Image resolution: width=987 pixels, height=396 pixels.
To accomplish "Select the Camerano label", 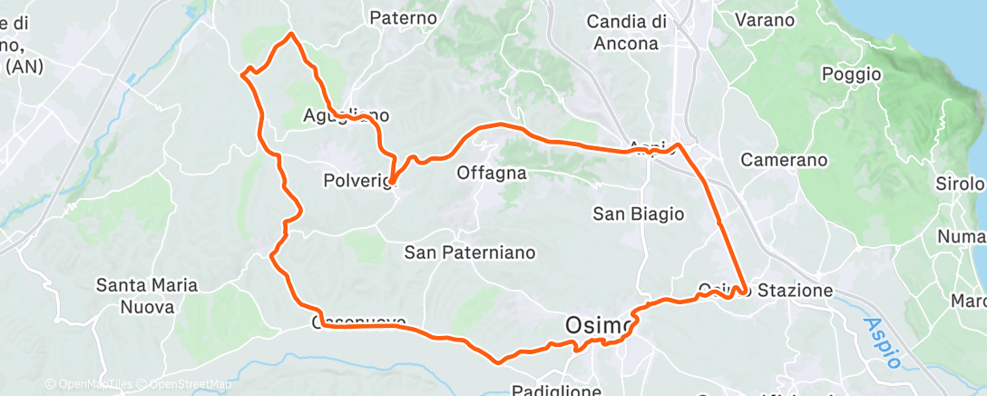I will click(x=784, y=160).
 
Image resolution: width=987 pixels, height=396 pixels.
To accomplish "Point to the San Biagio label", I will click(x=638, y=213).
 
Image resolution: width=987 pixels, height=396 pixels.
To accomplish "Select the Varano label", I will click(x=764, y=19).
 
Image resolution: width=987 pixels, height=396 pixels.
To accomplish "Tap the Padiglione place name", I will click(x=556, y=390).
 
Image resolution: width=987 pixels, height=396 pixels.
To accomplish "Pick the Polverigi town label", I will click(x=357, y=181).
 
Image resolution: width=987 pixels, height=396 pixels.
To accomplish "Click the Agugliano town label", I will click(x=346, y=115).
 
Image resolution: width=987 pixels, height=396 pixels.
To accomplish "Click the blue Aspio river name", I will click(x=880, y=342).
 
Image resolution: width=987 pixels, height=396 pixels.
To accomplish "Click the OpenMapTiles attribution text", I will click(x=90, y=385).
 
